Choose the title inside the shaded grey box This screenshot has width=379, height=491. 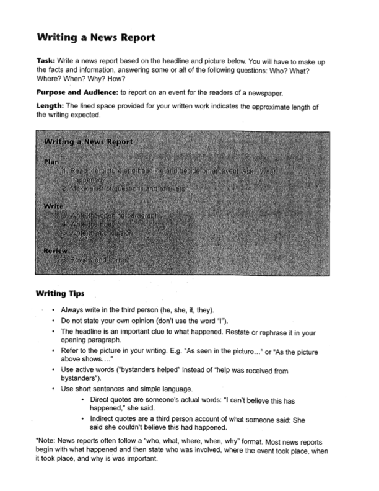tap(88, 142)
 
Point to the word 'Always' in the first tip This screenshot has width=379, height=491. tap(74, 310)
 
